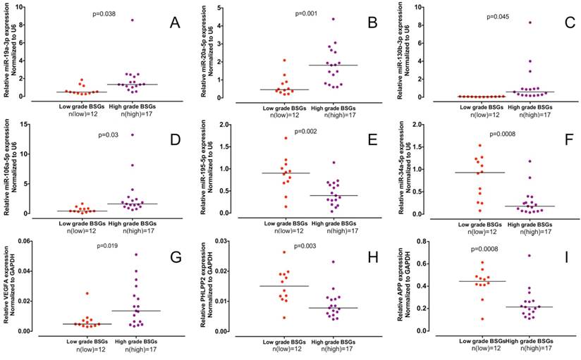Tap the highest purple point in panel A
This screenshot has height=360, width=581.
click(x=131, y=20)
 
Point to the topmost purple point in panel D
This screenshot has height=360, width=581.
click(x=132, y=135)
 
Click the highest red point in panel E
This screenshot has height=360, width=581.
click(x=286, y=138)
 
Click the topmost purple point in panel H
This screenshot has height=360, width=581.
click(x=324, y=262)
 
